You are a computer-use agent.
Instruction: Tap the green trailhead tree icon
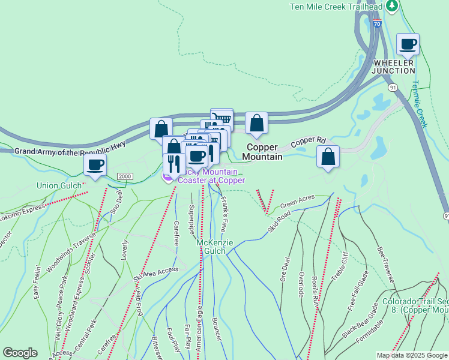(392, 6)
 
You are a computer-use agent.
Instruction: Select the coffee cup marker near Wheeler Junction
(408, 44)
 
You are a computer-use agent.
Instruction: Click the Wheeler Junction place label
(394, 67)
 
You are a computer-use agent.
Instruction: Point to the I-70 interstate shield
(376, 23)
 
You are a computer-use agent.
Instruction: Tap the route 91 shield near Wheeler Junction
(393, 88)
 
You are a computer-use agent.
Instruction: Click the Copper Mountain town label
(262, 152)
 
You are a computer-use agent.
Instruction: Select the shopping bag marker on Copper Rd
(328, 157)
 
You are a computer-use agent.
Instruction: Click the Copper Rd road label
(307, 143)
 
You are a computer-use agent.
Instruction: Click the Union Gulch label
(59, 185)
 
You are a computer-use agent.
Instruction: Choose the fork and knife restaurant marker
(174, 163)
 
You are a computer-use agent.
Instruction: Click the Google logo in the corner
(20, 353)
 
